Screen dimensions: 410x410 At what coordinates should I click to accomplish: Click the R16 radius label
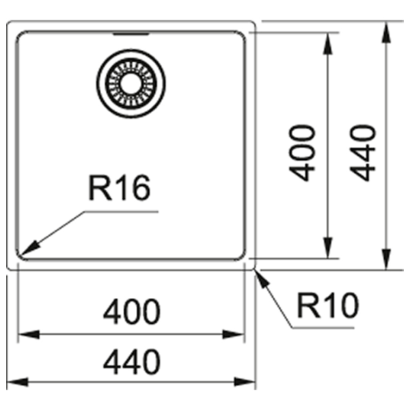click(120, 187)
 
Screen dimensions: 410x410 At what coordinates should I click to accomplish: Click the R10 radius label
click(328, 305)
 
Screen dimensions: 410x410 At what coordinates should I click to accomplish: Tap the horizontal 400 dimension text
click(131, 311)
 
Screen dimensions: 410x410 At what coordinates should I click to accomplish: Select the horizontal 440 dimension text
click(131, 361)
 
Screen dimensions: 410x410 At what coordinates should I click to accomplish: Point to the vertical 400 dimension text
click(302, 153)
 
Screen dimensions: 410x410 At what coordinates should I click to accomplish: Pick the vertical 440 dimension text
click(362, 153)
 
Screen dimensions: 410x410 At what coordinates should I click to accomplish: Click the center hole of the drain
click(131, 83)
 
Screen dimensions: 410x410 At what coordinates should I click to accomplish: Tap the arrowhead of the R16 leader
click(29, 248)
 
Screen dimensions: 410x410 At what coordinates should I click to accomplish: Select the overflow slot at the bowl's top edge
click(131, 33)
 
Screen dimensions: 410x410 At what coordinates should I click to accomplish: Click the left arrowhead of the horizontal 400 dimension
click(29, 334)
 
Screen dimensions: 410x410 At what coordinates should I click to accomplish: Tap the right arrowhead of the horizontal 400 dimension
click(233, 334)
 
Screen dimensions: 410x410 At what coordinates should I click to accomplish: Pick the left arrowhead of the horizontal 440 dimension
click(17, 382)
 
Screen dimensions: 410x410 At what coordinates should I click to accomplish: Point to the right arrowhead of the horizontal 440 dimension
click(245, 382)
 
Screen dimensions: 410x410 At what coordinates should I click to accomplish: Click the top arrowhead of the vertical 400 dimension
click(327, 44)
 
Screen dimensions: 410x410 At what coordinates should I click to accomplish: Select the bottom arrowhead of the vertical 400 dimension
click(327, 247)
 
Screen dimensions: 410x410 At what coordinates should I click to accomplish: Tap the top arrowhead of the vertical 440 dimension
click(386, 32)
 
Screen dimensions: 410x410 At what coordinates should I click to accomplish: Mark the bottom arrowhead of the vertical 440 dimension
click(386, 259)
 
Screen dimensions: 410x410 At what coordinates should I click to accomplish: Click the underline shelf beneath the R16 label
click(121, 212)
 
